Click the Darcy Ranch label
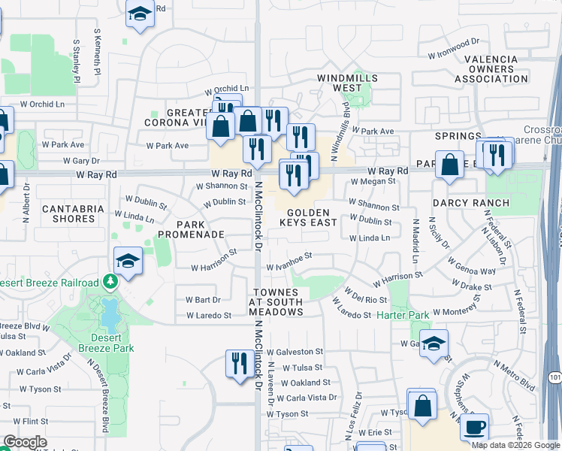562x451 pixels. click(x=470, y=203)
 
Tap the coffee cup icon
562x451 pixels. click(x=473, y=427)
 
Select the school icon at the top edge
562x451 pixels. click(x=140, y=14)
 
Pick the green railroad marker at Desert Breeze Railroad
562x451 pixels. click(x=111, y=282)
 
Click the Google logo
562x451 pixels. click(x=25, y=443)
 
